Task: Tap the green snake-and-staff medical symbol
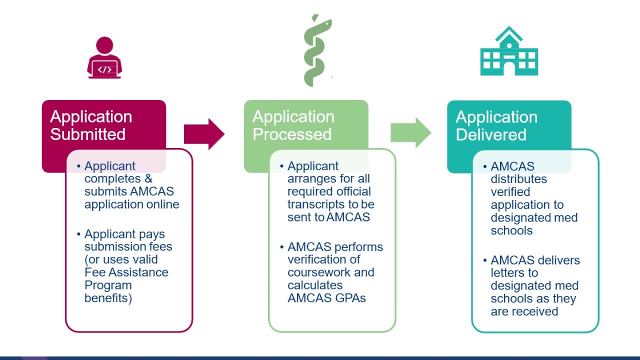(x=317, y=50)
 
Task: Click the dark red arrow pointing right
(x=204, y=134)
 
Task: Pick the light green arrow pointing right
(x=410, y=133)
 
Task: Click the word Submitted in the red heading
(x=88, y=134)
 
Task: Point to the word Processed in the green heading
(x=292, y=134)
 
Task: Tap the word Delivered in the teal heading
(x=491, y=134)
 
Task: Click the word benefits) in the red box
(x=108, y=298)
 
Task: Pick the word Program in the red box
(x=108, y=285)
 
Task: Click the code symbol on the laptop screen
(x=104, y=69)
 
